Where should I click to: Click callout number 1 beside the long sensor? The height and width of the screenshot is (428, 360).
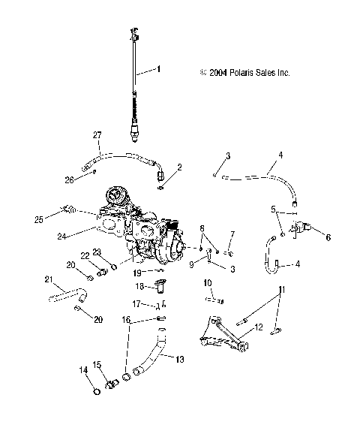point(158,69)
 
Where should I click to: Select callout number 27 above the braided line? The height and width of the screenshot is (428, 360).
point(96,134)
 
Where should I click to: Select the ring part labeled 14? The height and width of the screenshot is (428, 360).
point(95,390)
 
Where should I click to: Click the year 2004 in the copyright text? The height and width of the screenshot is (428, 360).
point(217,73)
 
